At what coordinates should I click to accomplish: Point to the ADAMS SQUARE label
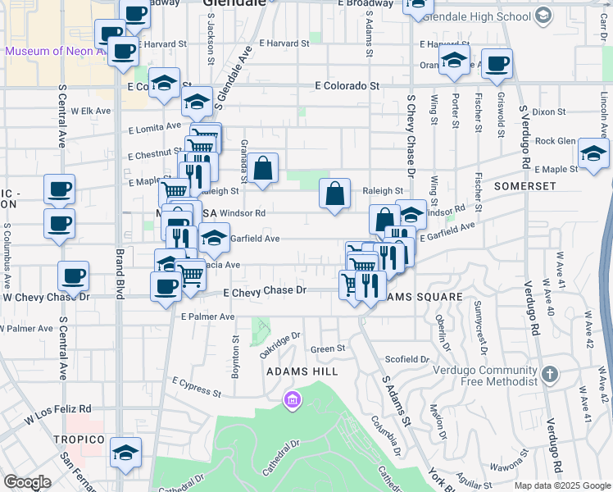click(415, 296)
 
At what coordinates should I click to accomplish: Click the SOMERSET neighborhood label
click(524, 186)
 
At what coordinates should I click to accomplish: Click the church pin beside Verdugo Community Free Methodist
click(550, 375)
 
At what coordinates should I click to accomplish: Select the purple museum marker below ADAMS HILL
click(291, 401)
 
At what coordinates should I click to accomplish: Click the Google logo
click(28, 482)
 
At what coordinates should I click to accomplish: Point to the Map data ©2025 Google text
click(561, 485)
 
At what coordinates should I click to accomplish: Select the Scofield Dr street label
click(407, 359)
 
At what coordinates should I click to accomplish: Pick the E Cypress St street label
click(197, 386)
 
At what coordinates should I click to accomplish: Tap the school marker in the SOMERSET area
click(593, 153)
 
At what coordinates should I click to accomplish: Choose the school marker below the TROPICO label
click(125, 452)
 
